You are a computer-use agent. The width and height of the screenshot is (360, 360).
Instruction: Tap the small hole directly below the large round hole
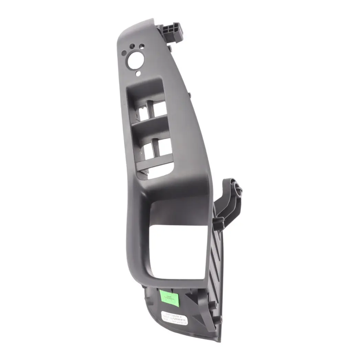click(138, 73)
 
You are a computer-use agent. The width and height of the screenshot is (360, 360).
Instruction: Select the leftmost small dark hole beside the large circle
click(124, 53)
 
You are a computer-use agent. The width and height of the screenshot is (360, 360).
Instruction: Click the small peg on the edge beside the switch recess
click(189, 94)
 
